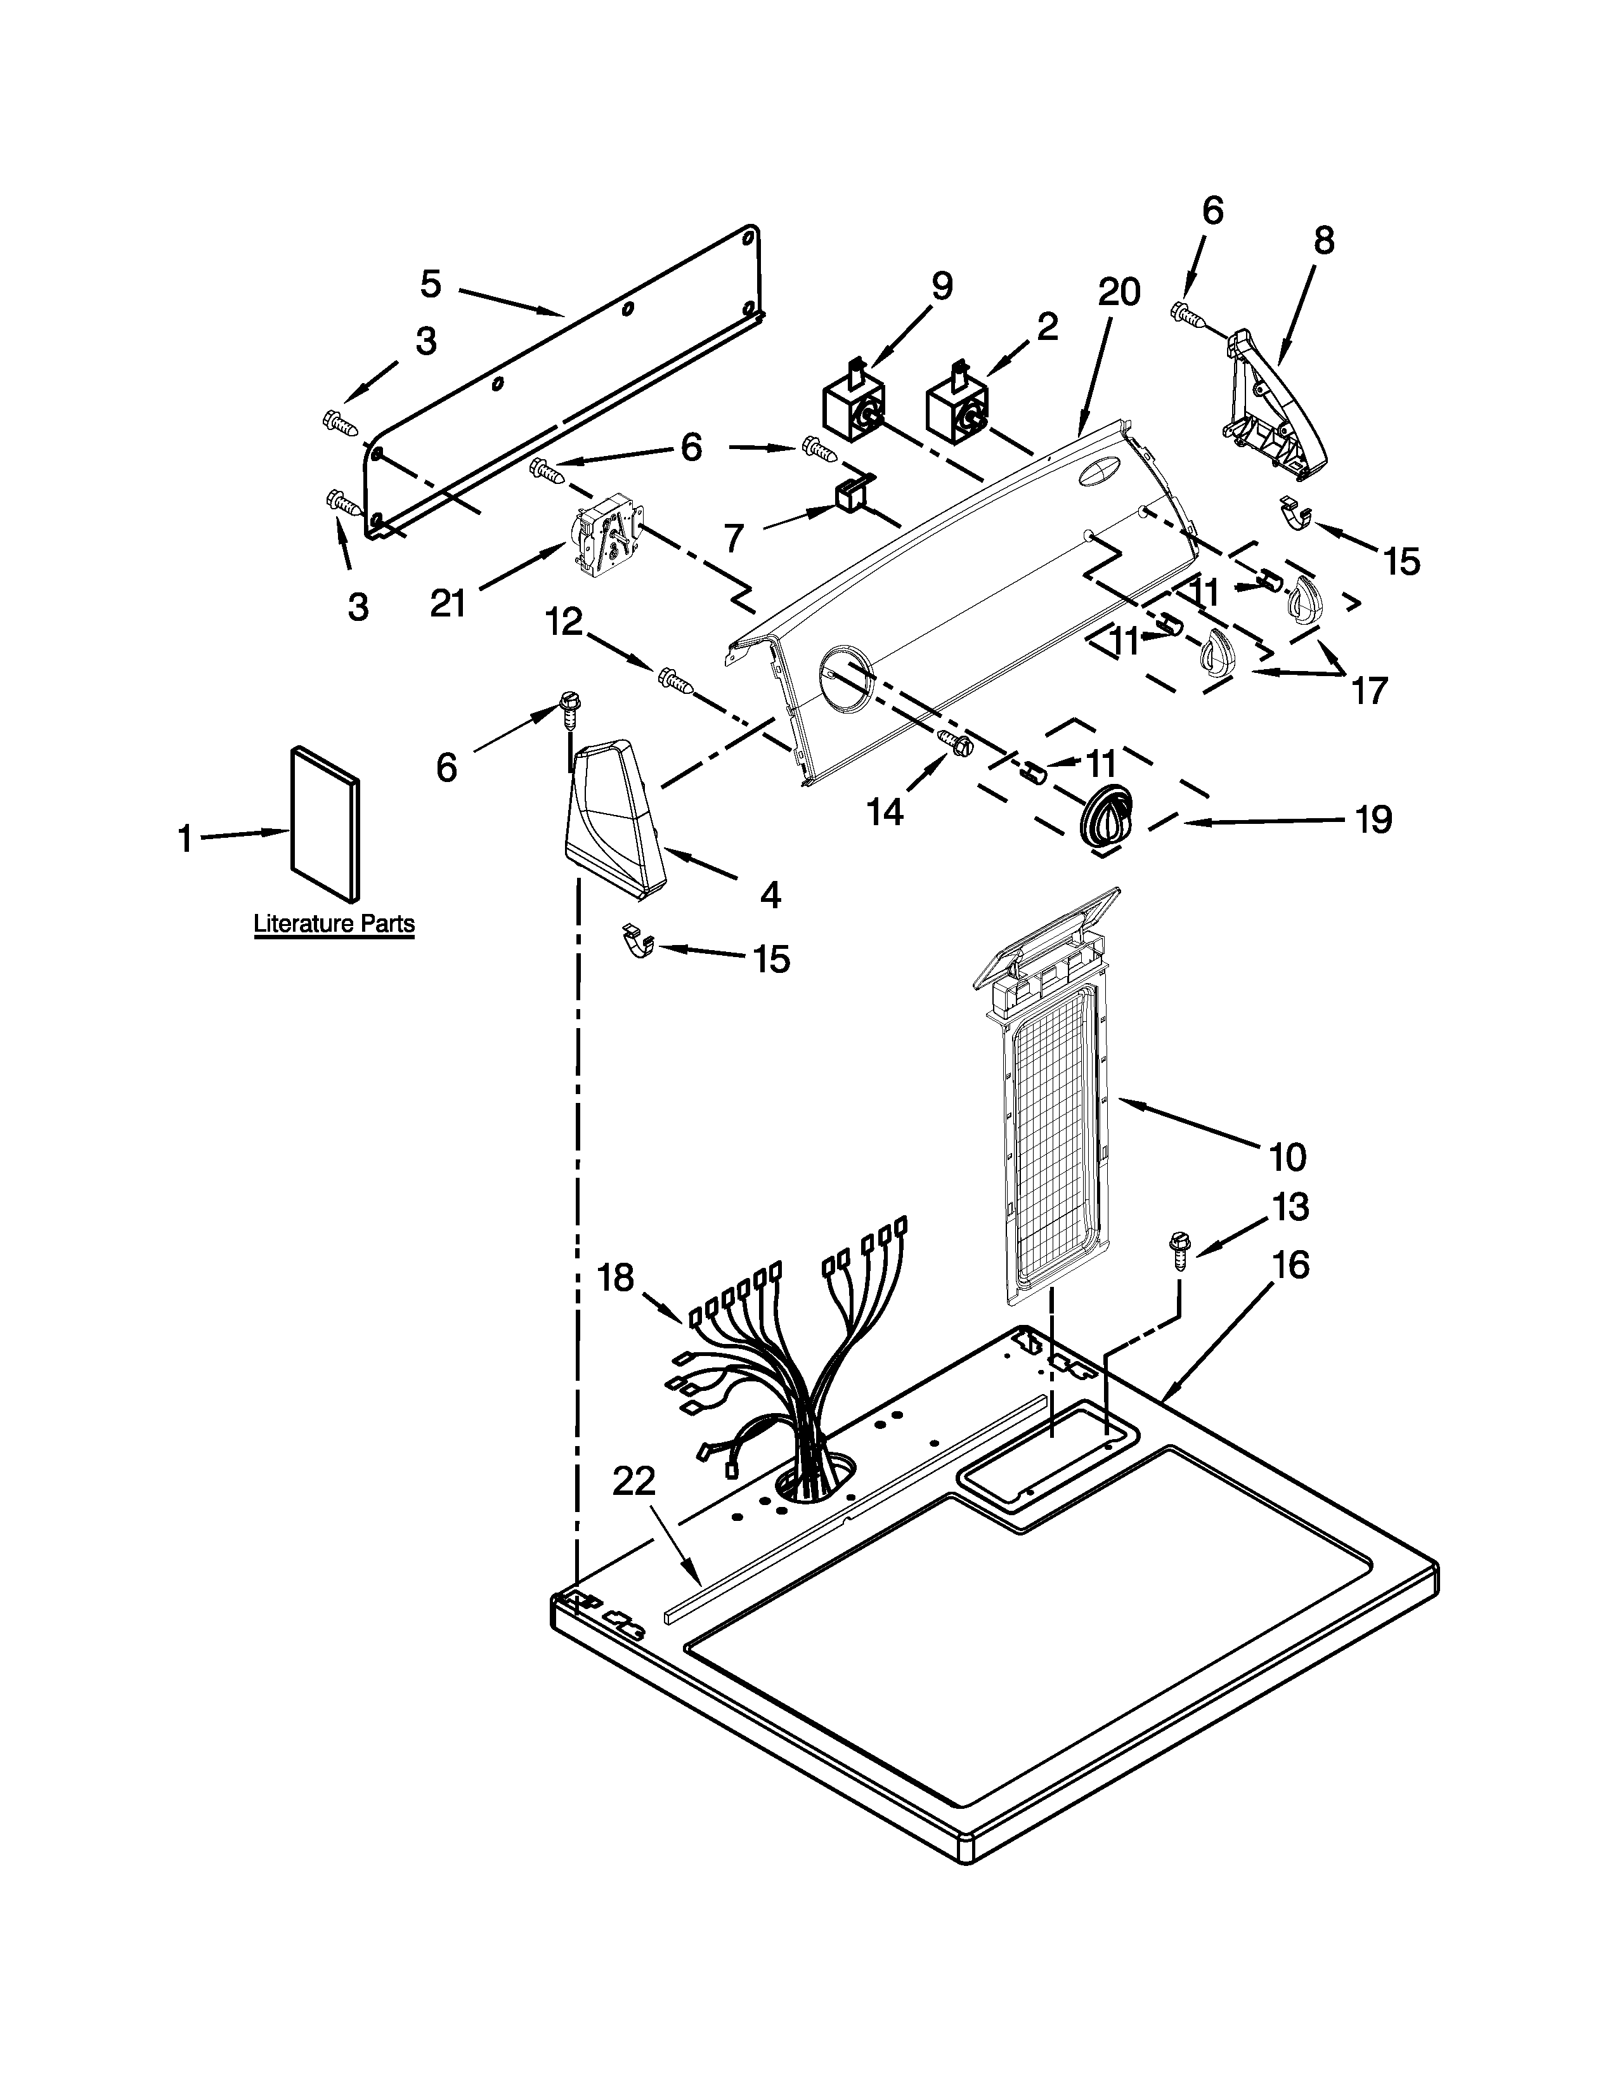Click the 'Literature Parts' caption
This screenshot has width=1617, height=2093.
(334, 924)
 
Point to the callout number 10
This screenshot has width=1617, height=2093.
(1287, 1157)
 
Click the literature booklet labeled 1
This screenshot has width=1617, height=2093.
(327, 823)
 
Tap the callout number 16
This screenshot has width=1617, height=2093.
(1291, 1265)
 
